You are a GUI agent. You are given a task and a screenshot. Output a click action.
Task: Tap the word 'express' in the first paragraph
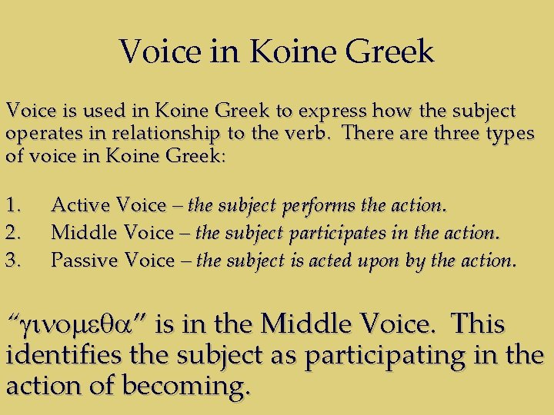pyautogui.click(x=350, y=111)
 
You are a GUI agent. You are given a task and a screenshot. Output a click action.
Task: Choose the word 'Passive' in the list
pyautogui.click(x=85, y=261)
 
